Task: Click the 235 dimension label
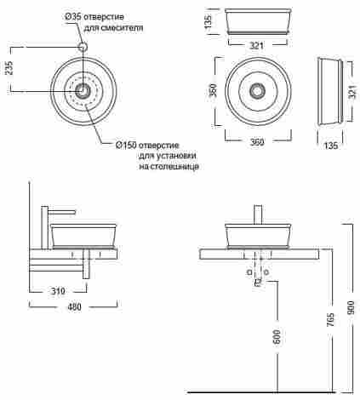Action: pos(9,68)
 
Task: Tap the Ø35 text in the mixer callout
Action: pos(73,17)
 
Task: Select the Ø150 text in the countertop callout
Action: pos(127,145)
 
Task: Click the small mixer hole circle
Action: pos(83,47)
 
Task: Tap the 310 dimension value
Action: pos(58,291)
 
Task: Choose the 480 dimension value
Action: pos(74,307)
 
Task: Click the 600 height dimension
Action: pos(277,337)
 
